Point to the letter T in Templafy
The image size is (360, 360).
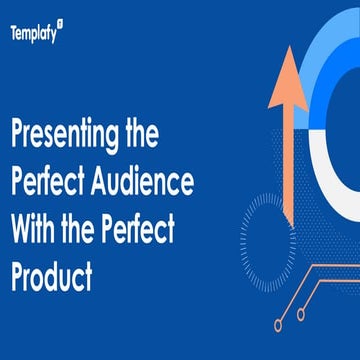14,32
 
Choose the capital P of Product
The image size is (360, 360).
17,274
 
